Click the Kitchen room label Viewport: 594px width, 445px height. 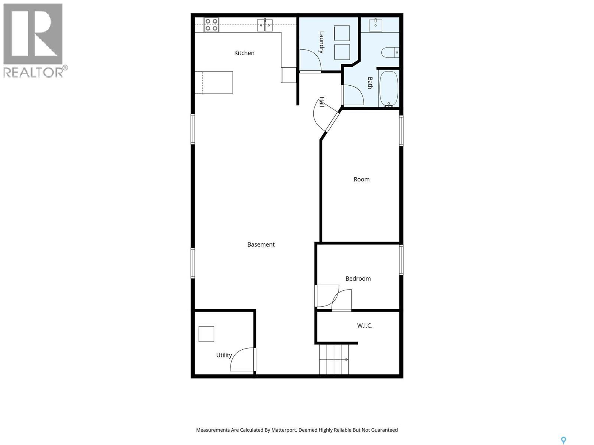pos(244,53)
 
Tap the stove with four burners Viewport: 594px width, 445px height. pos(211,25)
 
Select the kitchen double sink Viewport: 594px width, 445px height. pos(265,25)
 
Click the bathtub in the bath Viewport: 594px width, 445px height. pos(389,89)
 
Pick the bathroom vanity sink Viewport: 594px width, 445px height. pos(376,25)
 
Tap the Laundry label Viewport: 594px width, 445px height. pos(322,42)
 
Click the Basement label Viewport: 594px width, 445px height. pos(261,244)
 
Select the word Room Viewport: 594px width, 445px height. pos(362,179)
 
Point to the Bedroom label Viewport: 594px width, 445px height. pos(358,278)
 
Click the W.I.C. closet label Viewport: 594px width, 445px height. pos(365,326)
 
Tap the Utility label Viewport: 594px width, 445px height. pos(224,355)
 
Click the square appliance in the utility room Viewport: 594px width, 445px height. pos(206,334)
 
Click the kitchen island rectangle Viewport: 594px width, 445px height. pos(214,82)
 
